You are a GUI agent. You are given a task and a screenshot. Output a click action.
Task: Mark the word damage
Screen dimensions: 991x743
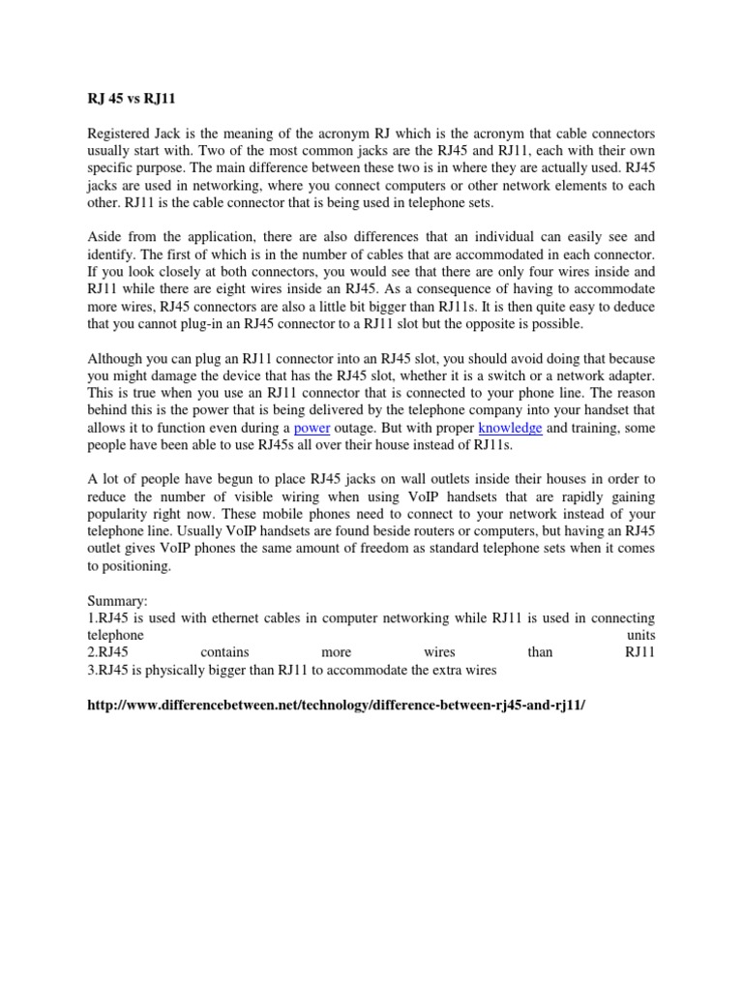180,376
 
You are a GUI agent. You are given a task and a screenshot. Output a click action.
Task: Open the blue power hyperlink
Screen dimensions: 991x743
312,429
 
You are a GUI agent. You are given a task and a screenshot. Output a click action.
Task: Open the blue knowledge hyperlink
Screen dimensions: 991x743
510,429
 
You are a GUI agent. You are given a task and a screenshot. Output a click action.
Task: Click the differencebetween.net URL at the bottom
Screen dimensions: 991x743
336,706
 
